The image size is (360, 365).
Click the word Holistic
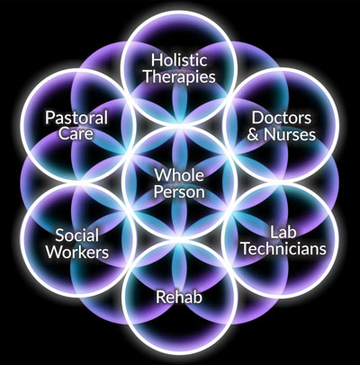[179, 59]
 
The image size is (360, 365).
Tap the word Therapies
[179, 76]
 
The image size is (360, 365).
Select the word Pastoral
[76, 118]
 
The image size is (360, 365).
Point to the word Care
[76, 133]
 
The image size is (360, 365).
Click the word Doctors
[281, 118]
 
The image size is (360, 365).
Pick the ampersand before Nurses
[253, 134]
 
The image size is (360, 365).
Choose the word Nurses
[290, 134]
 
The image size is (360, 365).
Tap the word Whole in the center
[179, 174]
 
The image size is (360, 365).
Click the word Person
[179, 191]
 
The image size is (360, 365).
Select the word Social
[76, 236]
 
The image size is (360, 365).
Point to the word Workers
[77, 252]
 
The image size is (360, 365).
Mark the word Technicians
[283, 248]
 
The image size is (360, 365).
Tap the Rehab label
[179, 298]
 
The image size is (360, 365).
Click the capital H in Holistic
[157, 60]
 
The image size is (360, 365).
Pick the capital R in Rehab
[161, 298]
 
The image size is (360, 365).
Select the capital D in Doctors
[257, 118]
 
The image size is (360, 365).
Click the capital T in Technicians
[247, 249]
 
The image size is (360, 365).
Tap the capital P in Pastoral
[50, 118]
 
